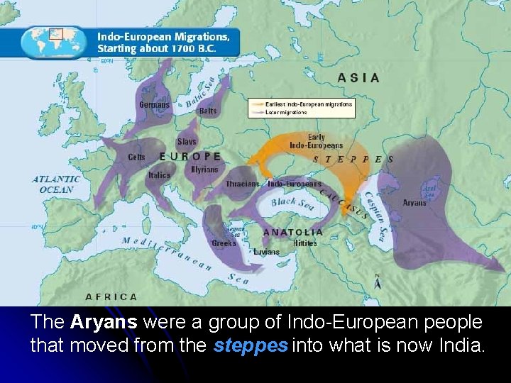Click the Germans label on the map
(x=154, y=105)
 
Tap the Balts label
(x=208, y=111)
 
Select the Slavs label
(x=187, y=142)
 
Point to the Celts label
(x=136, y=157)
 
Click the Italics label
(x=159, y=175)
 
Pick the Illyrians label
(x=204, y=170)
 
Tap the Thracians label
(x=243, y=184)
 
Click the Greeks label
(x=224, y=243)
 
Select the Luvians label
(x=266, y=251)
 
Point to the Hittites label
(x=305, y=243)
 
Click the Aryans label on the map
(x=414, y=203)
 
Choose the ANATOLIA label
(x=292, y=232)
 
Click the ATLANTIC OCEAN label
(x=56, y=184)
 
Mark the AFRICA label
(x=111, y=296)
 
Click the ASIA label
(x=358, y=78)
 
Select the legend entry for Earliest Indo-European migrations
(x=309, y=104)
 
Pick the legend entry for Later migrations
(x=287, y=112)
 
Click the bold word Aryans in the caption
(x=104, y=322)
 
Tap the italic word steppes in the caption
(x=250, y=347)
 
